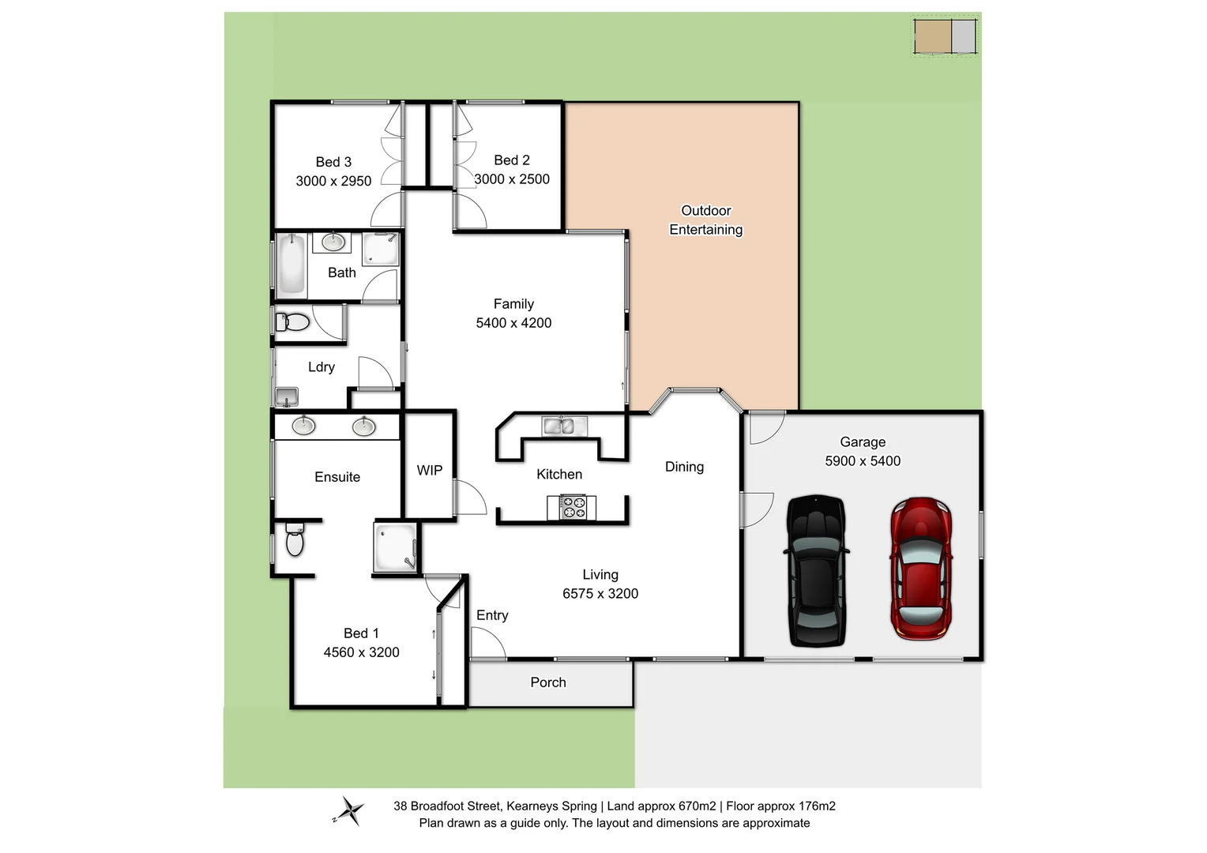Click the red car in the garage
(921, 567)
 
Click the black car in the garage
(816, 570)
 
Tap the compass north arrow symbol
(348, 811)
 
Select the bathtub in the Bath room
(291, 264)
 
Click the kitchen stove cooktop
(572, 507)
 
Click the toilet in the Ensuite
(295, 540)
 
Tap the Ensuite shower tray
(394, 546)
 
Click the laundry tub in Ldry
(286, 396)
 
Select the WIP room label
(430, 470)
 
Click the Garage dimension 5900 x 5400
(863, 461)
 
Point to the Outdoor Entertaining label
(706, 220)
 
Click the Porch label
(548, 682)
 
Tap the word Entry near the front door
(492, 615)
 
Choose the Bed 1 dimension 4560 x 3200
(361, 652)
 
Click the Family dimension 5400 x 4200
(513, 323)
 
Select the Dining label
(684, 467)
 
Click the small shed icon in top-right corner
(945, 36)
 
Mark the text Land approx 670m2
(662, 806)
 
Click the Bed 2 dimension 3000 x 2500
(512, 179)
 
